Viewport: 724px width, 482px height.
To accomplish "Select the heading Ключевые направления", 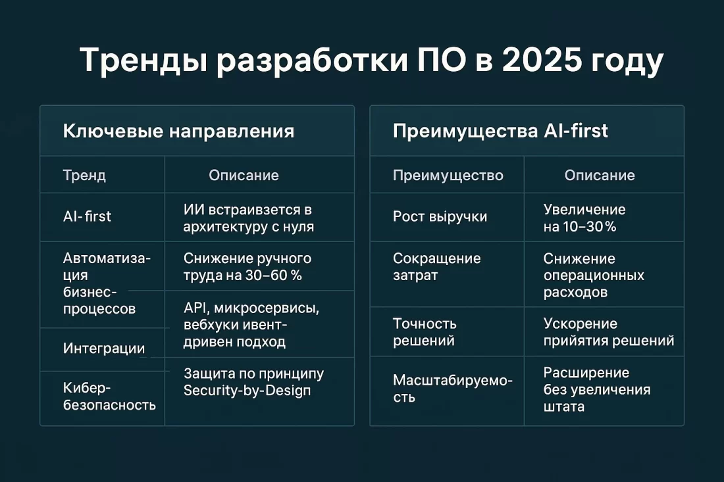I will pyautogui.click(x=178, y=131).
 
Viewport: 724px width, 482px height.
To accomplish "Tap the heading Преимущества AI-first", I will pyautogui.click(x=500, y=131).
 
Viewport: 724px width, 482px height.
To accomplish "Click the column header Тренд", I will pyautogui.click(x=84, y=175).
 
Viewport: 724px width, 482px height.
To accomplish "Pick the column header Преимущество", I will pyautogui.click(x=448, y=175).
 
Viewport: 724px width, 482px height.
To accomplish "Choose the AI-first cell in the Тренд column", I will pyautogui.click(x=87, y=216).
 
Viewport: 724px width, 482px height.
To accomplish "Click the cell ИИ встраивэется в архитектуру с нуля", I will pyautogui.click(x=247, y=218).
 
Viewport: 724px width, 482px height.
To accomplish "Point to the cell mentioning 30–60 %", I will pyautogui.click(x=247, y=266).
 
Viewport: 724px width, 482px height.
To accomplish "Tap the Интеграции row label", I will pyautogui.click(x=104, y=349).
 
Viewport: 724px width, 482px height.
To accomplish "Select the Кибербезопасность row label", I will pyautogui.click(x=109, y=396).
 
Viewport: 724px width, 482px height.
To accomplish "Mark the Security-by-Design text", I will pyautogui.click(x=247, y=390).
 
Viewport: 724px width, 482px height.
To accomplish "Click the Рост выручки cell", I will pyautogui.click(x=440, y=216).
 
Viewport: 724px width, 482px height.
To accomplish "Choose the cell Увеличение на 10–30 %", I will pyautogui.click(x=584, y=218).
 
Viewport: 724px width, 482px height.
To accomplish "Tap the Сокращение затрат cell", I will pyautogui.click(x=437, y=266).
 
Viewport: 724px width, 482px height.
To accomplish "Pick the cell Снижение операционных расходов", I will pyautogui.click(x=594, y=275).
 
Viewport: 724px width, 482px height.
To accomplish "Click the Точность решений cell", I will pyautogui.click(x=425, y=332).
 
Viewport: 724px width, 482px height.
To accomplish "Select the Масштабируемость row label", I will pyautogui.click(x=452, y=388).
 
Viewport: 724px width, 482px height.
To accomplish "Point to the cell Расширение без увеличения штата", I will pyautogui.click(x=596, y=389).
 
